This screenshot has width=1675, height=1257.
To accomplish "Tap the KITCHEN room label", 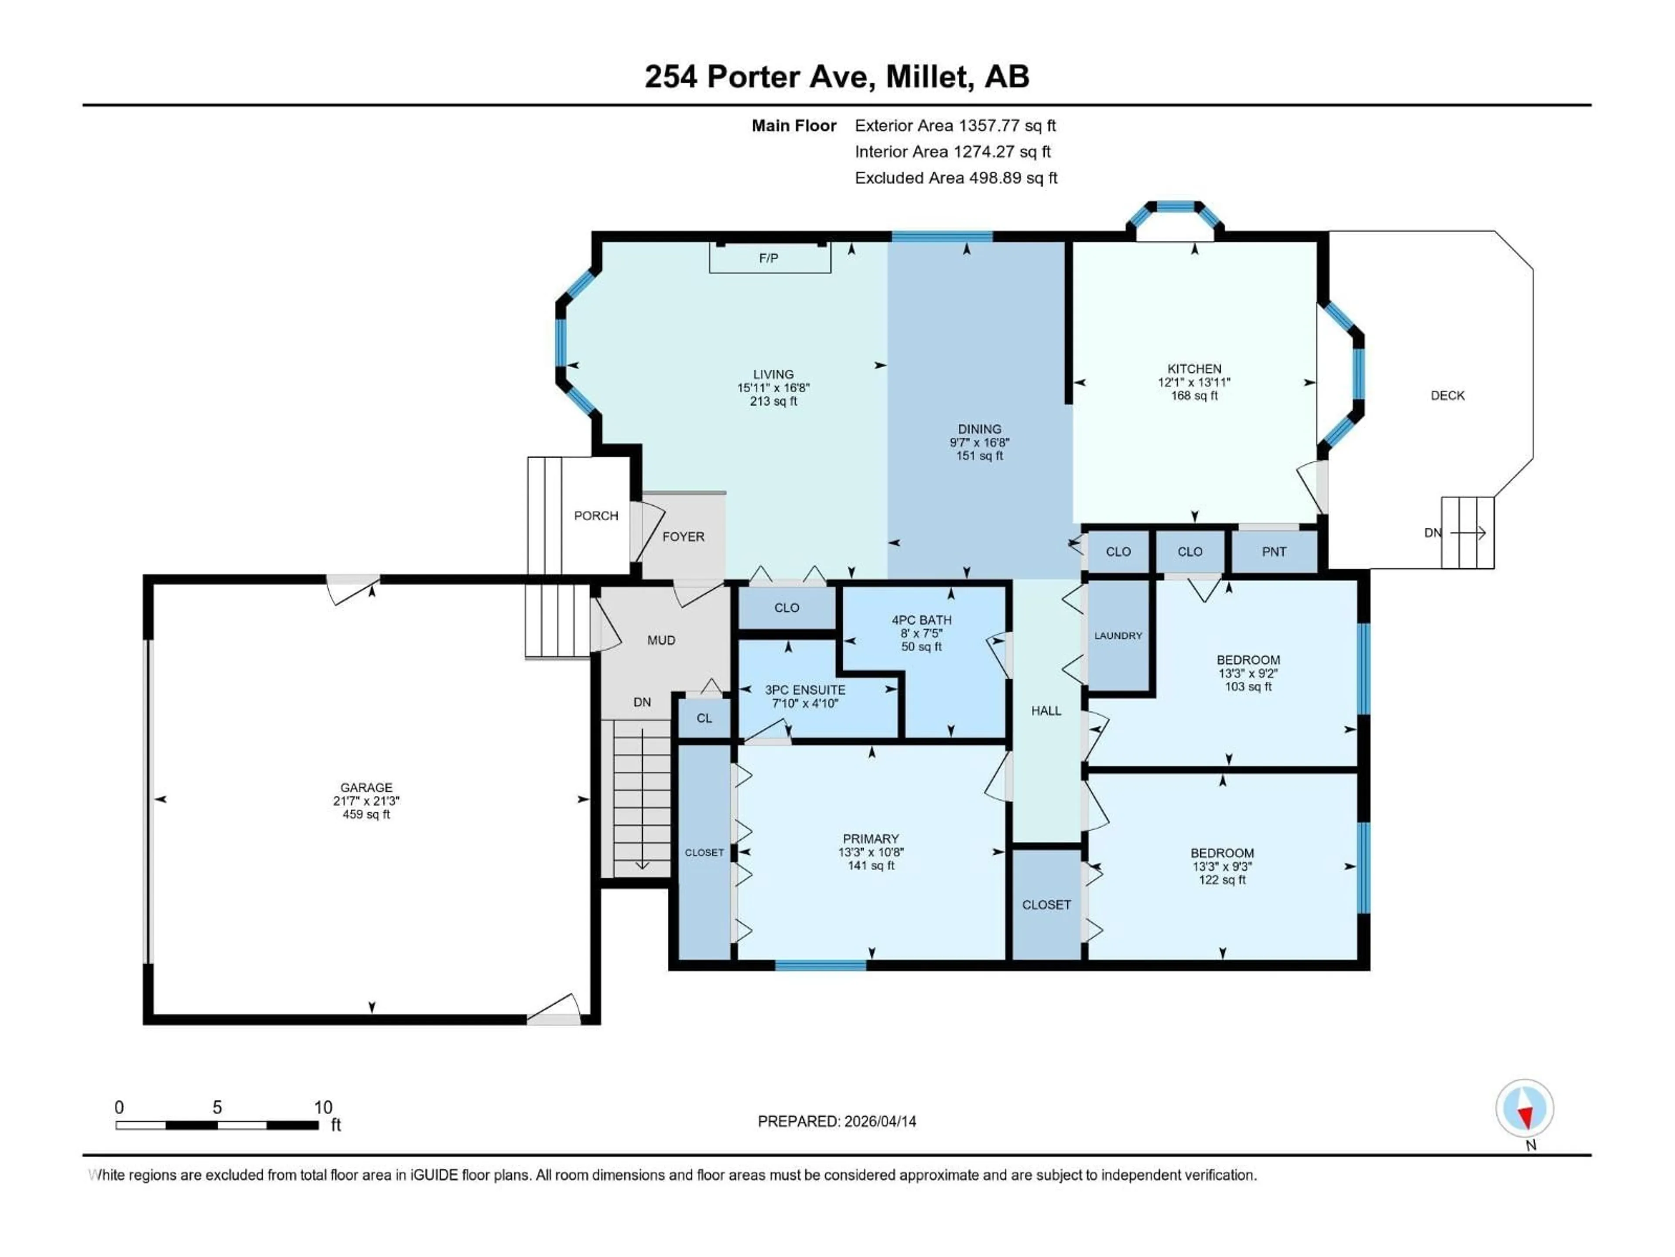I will coord(1194,369).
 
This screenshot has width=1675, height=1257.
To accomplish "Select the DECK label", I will coord(1447,395).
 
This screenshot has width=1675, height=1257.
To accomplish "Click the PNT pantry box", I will coord(1274,552).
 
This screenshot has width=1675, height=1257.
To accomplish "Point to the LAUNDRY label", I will coord(1118,635).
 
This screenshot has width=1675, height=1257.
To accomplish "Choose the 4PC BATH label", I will coord(922,620).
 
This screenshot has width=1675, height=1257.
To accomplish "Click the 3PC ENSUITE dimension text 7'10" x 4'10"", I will coord(804,703).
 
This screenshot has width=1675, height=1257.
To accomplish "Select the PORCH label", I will coord(596,516).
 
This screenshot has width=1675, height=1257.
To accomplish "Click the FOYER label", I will coord(683,536).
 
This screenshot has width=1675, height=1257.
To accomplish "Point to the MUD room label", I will coord(661,640).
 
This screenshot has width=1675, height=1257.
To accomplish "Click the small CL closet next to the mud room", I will coord(704,718).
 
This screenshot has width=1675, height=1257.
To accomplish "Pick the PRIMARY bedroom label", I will coord(871,839).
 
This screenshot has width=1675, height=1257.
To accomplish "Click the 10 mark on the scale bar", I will coord(323,1108).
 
